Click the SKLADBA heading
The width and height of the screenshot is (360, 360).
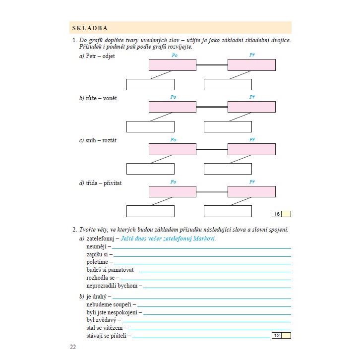(90, 28)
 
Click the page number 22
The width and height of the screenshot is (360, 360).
(73, 347)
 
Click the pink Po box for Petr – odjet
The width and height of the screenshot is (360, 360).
(172, 65)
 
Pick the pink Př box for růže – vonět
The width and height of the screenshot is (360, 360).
(251, 107)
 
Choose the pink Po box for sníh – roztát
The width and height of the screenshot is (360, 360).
(172, 149)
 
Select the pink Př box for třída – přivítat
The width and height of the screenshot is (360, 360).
(251, 191)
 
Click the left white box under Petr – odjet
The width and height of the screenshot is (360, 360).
(150, 84)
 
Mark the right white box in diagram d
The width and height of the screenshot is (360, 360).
(228, 211)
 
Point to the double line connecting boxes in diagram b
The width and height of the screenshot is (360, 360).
(212, 107)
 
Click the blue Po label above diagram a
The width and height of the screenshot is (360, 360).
(174, 55)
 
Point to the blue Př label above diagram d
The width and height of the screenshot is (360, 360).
(252, 182)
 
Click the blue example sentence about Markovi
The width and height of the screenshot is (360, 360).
(169, 239)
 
